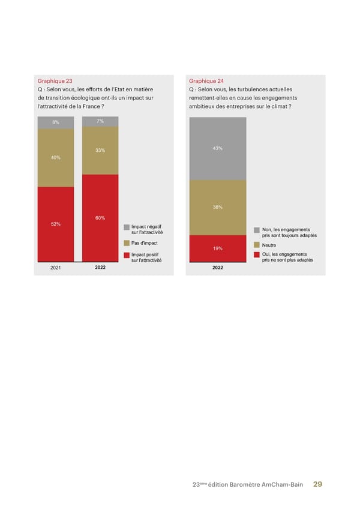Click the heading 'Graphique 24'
[205, 80]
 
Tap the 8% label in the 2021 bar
[55, 122]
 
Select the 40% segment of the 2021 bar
[55, 157]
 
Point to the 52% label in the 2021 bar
[55, 224]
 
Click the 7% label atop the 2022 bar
[100, 121]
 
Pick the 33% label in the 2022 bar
[100, 150]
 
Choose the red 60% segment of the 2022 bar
[100, 217]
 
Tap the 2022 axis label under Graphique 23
[100, 268]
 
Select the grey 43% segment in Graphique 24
[217, 148]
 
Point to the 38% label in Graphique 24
[217, 207]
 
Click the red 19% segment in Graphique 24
[217, 248]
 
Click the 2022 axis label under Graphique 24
[217, 268]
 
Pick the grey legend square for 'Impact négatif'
[127, 227]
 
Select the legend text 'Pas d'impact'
[144, 243]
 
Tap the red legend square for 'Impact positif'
[127, 256]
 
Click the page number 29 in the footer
[318, 485]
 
